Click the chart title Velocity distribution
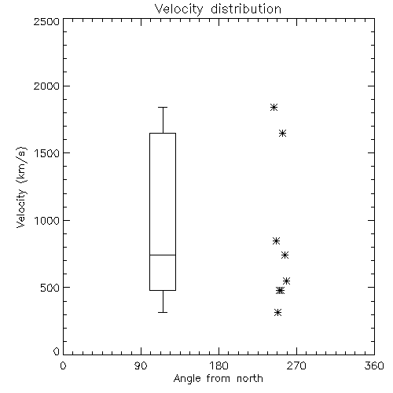(x=218, y=9)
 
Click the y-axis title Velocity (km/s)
(x=21, y=187)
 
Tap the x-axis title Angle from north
(x=218, y=379)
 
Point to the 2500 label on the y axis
(x=46, y=21)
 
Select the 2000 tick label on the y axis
(x=46, y=86)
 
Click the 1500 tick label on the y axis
(x=47, y=153)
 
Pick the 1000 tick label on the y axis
(x=47, y=220)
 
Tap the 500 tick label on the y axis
(x=50, y=288)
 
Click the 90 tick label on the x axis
(x=141, y=365)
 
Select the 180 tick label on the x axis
(x=219, y=365)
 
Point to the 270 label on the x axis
(x=296, y=365)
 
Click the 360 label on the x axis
(x=374, y=365)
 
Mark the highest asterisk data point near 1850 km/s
(x=274, y=107)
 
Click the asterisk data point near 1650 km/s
(x=282, y=133)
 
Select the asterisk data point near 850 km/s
(x=276, y=241)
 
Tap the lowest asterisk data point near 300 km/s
(x=277, y=312)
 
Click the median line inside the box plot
(x=163, y=255)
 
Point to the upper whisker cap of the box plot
(x=163, y=107)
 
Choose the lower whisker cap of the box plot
(x=163, y=312)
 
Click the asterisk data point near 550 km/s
(x=286, y=281)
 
